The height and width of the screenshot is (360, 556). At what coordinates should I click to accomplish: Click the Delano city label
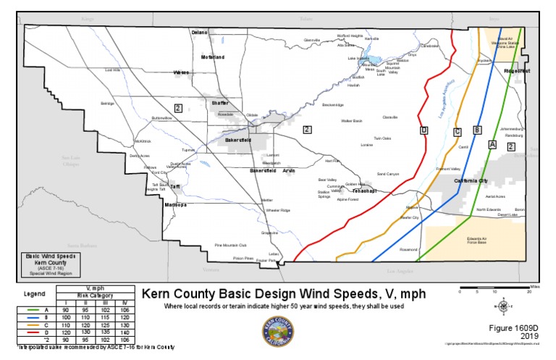199,33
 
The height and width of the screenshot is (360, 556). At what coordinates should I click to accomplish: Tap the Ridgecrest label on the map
518,72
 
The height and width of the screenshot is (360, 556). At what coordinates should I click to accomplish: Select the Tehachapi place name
365,191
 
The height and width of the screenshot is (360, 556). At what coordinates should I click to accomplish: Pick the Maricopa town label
174,204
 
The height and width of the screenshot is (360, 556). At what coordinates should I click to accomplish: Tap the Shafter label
219,103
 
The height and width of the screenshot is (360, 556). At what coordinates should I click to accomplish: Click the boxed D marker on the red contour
424,130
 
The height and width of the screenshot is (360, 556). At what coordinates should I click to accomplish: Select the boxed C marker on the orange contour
457,131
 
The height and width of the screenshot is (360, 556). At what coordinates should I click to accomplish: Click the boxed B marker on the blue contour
476,130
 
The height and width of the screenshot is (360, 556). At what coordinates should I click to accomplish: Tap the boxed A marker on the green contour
492,144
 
